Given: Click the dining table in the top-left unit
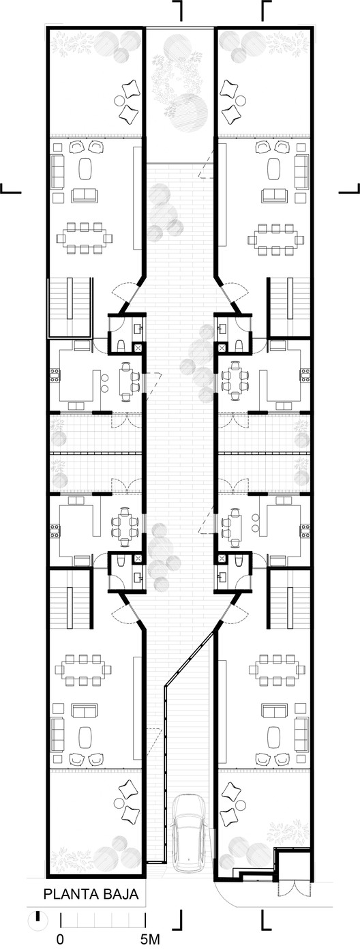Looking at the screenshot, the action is coord(84,237).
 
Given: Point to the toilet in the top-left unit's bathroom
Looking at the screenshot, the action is coord(121,345).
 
